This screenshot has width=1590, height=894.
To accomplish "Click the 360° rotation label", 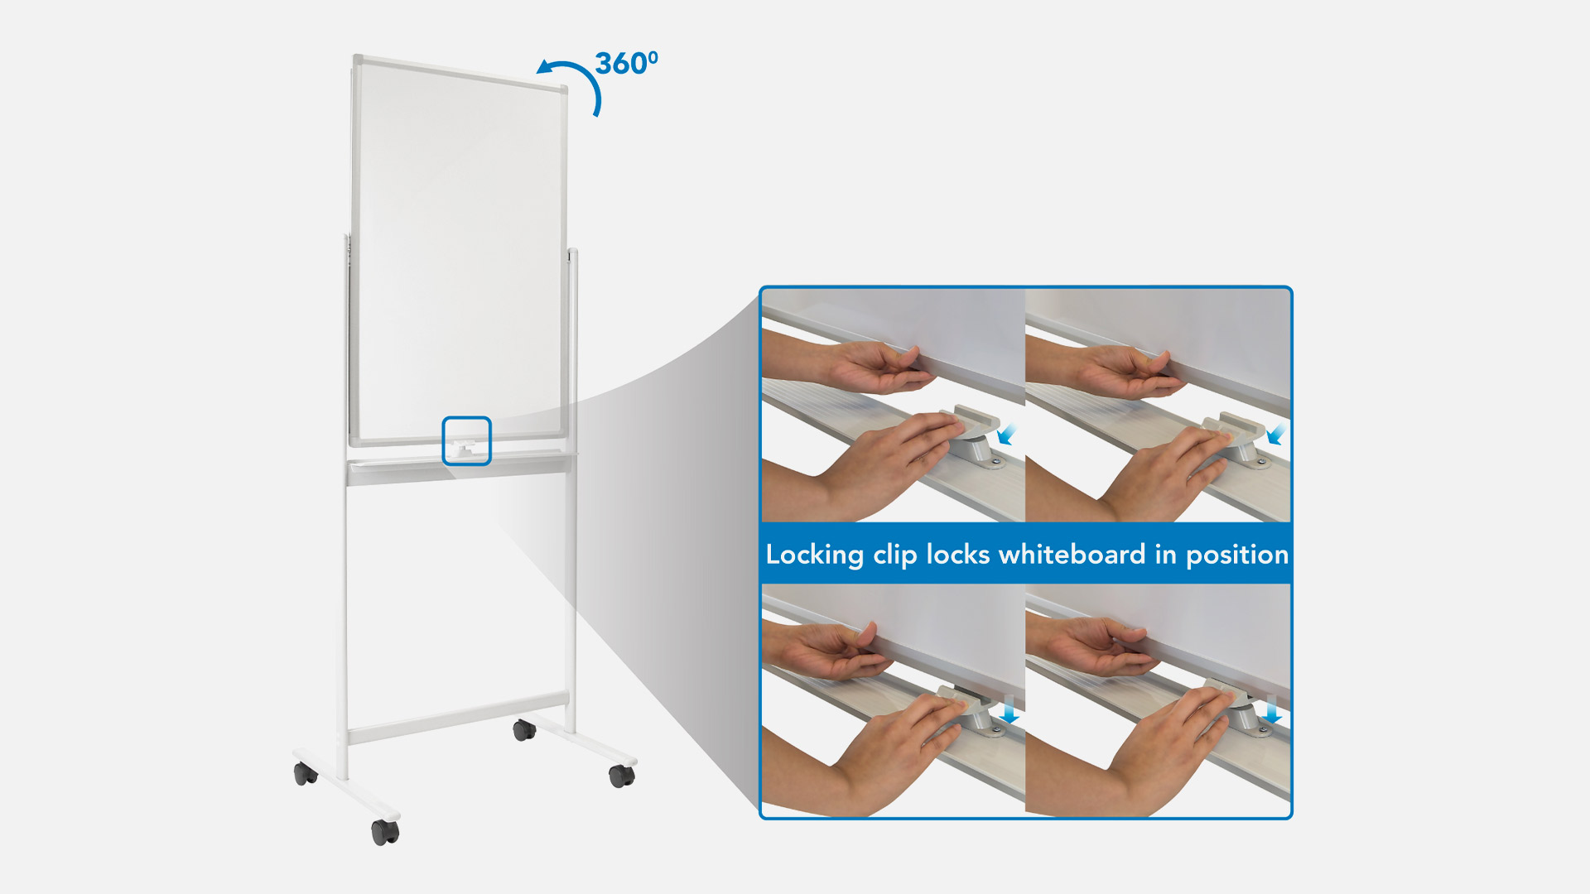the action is click(627, 63).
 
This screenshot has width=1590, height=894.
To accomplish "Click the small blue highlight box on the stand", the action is click(467, 440).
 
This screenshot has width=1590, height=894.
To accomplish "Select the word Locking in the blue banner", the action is click(815, 555).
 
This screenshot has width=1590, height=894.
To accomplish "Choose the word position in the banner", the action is click(1237, 555).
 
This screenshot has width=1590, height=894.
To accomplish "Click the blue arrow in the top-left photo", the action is click(1007, 435).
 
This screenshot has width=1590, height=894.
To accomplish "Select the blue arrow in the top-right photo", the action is click(1278, 435).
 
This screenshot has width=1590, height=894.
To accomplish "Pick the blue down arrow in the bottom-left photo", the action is click(1009, 710).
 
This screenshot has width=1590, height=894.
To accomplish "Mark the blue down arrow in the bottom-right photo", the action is click(1272, 710).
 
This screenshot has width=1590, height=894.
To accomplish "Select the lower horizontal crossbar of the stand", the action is click(458, 719).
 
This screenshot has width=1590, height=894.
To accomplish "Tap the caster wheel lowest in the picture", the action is click(385, 831).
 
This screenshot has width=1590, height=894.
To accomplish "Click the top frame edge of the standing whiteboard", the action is click(460, 72).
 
